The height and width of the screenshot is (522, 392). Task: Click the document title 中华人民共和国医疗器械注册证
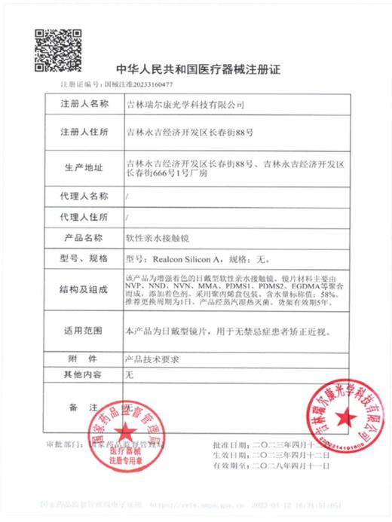(195, 69)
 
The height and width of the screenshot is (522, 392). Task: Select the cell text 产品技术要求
(149, 359)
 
